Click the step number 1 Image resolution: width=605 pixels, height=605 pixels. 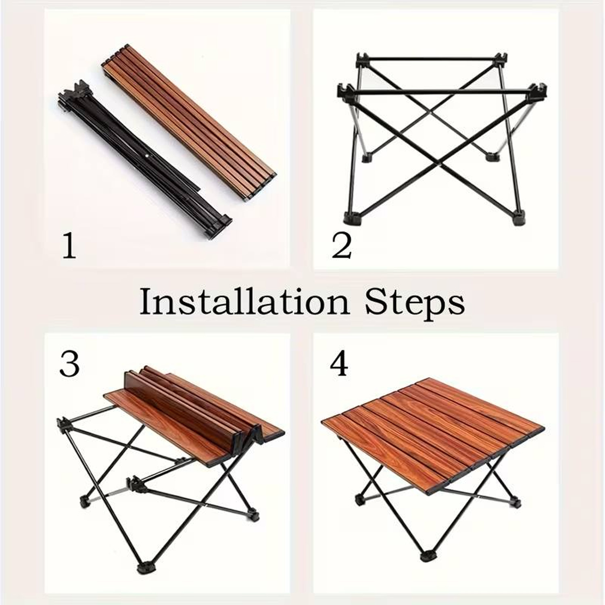[69, 246]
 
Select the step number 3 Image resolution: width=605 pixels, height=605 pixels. [69, 364]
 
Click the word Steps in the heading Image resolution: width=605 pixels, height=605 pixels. [415, 302]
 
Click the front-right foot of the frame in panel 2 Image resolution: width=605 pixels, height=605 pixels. [519, 219]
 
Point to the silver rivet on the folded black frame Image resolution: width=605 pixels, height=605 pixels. [147, 155]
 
